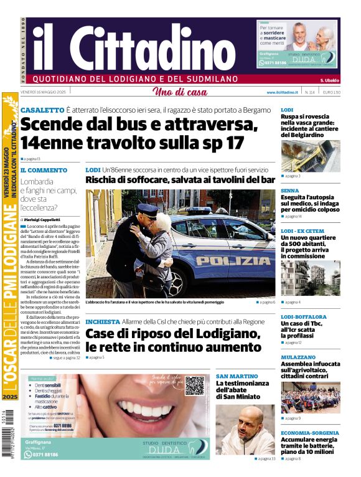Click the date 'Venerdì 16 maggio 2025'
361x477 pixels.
tap(44, 92)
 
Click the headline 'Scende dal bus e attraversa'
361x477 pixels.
tap(138, 125)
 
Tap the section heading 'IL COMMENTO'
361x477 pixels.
tap(44, 170)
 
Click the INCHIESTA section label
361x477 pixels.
tap(102, 321)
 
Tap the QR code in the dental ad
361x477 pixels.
tap(194, 385)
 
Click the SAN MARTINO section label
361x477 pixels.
tap(237, 376)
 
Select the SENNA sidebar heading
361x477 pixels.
tap(290, 191)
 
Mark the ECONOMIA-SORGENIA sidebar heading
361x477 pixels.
tap(309, 432)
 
